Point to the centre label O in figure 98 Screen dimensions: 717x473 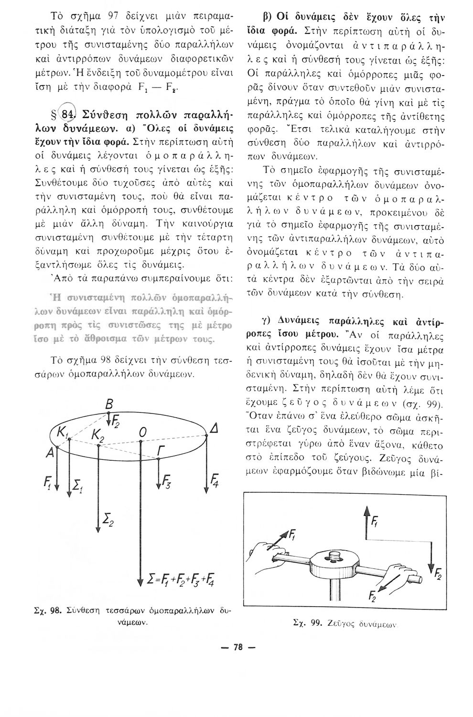(141, 432)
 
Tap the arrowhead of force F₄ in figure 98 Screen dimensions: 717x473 (207, 492)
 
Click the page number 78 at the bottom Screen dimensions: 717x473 (236, 647)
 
